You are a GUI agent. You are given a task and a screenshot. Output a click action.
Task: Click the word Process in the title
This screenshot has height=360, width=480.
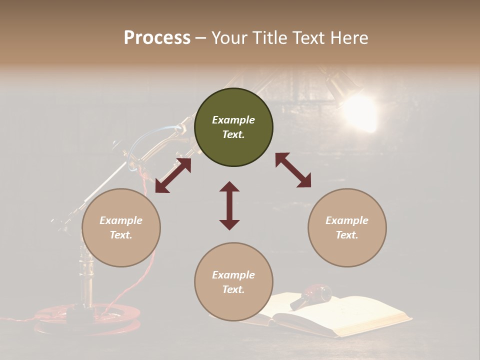point(157,38)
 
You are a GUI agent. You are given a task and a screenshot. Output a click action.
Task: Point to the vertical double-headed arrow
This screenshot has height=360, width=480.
point(229,205)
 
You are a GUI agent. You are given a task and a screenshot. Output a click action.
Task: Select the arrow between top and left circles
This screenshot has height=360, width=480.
point(173,175)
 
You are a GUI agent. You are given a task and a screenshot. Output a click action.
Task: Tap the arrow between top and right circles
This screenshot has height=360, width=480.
point(293,170)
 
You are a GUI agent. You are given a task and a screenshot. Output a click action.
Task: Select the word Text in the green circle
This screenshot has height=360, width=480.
point(233,134)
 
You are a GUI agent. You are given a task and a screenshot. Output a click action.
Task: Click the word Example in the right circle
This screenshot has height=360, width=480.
point(347,220)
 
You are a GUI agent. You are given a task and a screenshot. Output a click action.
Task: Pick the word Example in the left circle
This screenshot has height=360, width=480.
point(121,220)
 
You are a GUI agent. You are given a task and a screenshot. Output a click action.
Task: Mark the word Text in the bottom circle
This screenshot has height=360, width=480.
point(233,289)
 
